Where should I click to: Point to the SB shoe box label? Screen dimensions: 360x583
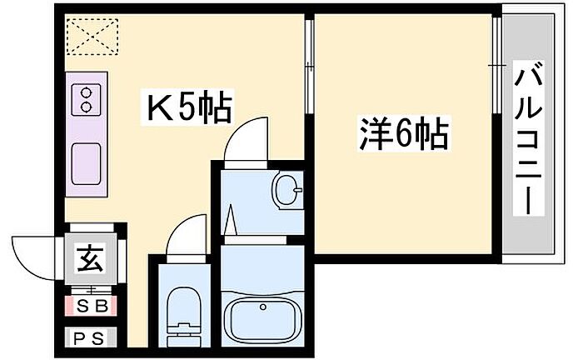92,306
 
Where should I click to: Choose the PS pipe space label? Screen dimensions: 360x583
92,339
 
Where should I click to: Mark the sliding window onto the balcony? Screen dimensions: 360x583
496,58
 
